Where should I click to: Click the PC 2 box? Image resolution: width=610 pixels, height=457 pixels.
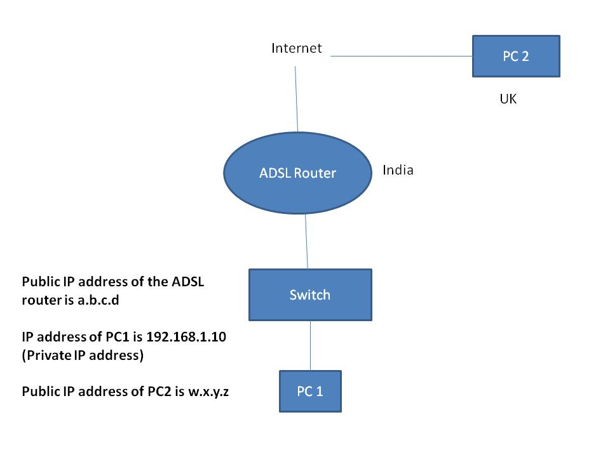(516, 56)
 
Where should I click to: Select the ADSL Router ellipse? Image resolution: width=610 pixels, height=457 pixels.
(297, 173)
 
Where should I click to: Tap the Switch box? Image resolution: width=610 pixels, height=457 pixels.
(310, 295)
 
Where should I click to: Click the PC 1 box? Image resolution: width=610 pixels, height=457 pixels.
(310, 391)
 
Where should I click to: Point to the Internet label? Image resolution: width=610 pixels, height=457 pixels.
(297, 48)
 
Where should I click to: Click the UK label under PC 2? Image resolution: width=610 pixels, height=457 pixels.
(508, 100)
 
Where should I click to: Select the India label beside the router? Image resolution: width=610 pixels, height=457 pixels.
(398, 170)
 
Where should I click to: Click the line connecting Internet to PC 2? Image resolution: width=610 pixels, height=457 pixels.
(400, 56)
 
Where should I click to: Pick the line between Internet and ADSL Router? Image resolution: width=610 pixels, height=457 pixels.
(296, 95)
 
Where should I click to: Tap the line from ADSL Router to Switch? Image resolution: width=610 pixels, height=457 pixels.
(306, 241)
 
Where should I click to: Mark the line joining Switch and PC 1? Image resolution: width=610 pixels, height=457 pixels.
(310, 346)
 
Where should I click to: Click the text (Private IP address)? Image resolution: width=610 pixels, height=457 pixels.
(83, 355)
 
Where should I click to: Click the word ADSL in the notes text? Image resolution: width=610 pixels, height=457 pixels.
(187, 282)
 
